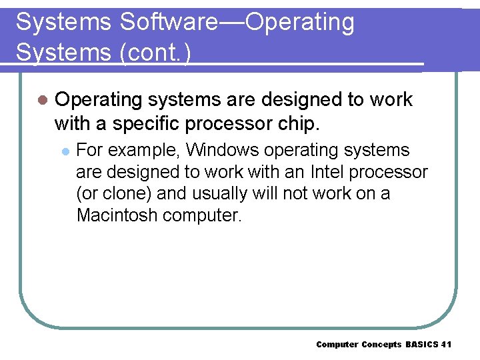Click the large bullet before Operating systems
tap(42, 100)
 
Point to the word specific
tap(146, 123)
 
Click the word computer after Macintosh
tap(201, 216)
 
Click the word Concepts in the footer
tap(382, 344)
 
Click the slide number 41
tap(446, 344)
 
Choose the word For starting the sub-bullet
tap(90, 150)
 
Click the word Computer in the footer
tap(337, 344)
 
